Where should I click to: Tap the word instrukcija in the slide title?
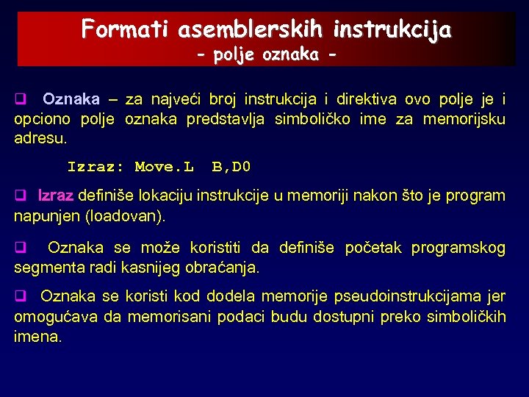point(393,29)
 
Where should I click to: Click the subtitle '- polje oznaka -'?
point(267,55)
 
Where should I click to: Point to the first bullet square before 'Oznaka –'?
point(21,99)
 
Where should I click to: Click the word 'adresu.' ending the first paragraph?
point(40,137)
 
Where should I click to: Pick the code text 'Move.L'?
point(164,167)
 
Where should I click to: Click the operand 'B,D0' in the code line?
point(231,167)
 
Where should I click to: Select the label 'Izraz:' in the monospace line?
point(96,167)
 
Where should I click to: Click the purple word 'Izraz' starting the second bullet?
point(56,196)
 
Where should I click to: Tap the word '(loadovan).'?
point(126,217)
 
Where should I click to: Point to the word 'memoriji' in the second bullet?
point(311,196)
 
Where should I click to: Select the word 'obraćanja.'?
point(225,268)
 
